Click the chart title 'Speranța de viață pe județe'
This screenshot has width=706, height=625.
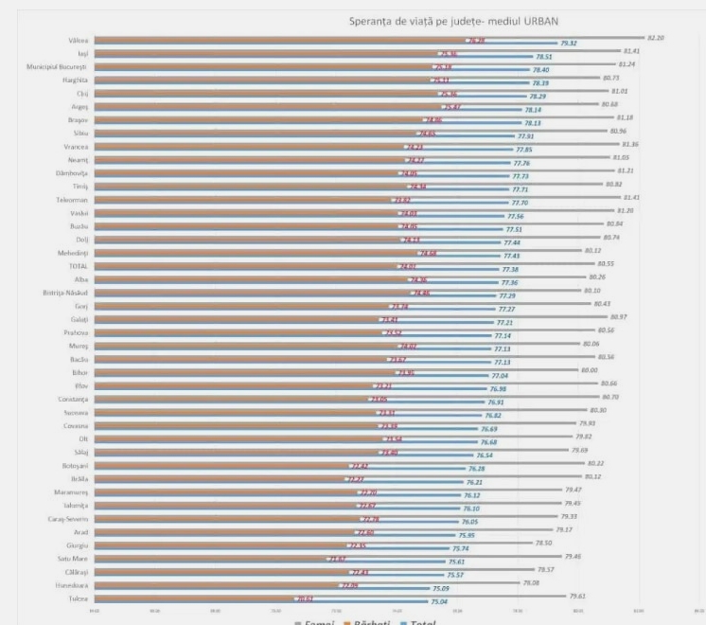pos(450,21)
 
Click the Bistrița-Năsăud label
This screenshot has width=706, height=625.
pos(64,294)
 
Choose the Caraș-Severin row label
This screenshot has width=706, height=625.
pos(68,519)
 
